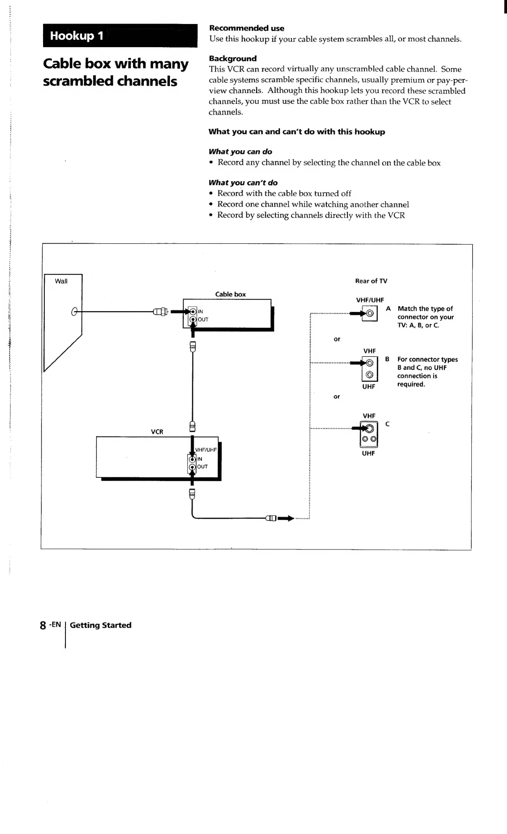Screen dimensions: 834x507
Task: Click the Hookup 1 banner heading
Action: pos(77,36)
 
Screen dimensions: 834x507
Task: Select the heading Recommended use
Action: pos(246,28)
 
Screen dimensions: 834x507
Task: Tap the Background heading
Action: pos(233,58)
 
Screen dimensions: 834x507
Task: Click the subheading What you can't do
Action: pos(243,182)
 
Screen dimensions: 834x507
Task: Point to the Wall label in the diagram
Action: pos(61,281)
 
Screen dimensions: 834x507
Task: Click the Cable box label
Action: pos(230,294)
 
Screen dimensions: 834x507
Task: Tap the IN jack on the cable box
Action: pos(193,312)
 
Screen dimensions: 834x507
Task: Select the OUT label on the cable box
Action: pos(203,319)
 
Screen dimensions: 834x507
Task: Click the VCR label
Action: pos(157,431)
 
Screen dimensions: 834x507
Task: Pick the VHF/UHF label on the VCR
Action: pos(206,450)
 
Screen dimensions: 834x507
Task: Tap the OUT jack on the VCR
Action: pos(192,467)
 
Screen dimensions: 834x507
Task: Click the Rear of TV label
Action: pos(371,281)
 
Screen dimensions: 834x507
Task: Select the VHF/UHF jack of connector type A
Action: pos(370,314)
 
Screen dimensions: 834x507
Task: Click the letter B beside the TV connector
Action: pos(387,359)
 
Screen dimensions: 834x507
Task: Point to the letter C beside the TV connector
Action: pos(387,424)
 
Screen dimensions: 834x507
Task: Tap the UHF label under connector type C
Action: pos(368,453)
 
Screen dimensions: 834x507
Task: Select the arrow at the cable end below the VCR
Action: pos(286,518)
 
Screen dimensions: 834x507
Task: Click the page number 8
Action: pos(43,625)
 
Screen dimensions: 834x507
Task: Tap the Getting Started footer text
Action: pos(101,625)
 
